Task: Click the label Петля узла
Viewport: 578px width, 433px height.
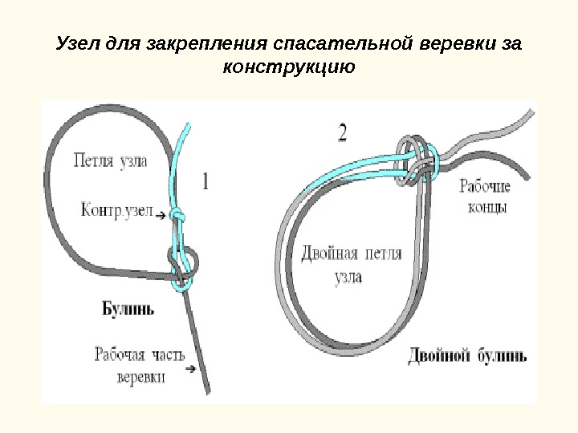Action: pyautogui.click(x=111, y=160)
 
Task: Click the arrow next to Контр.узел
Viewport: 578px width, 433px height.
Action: pyautogui.click(x=161, y=215)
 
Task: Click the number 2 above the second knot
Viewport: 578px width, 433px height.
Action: pyautogui.click(x=344, y=132)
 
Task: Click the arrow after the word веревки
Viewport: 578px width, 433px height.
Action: pyautogui.click(x=190, y=370)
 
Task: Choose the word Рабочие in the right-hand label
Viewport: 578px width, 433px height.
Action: pyautogui.click(x=485, y=188)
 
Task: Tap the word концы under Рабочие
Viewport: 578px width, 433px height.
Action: pyautogui.click(x=485, y=208)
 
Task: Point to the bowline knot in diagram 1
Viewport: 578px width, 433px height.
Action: pyautogui.click(x=185, y=265)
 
